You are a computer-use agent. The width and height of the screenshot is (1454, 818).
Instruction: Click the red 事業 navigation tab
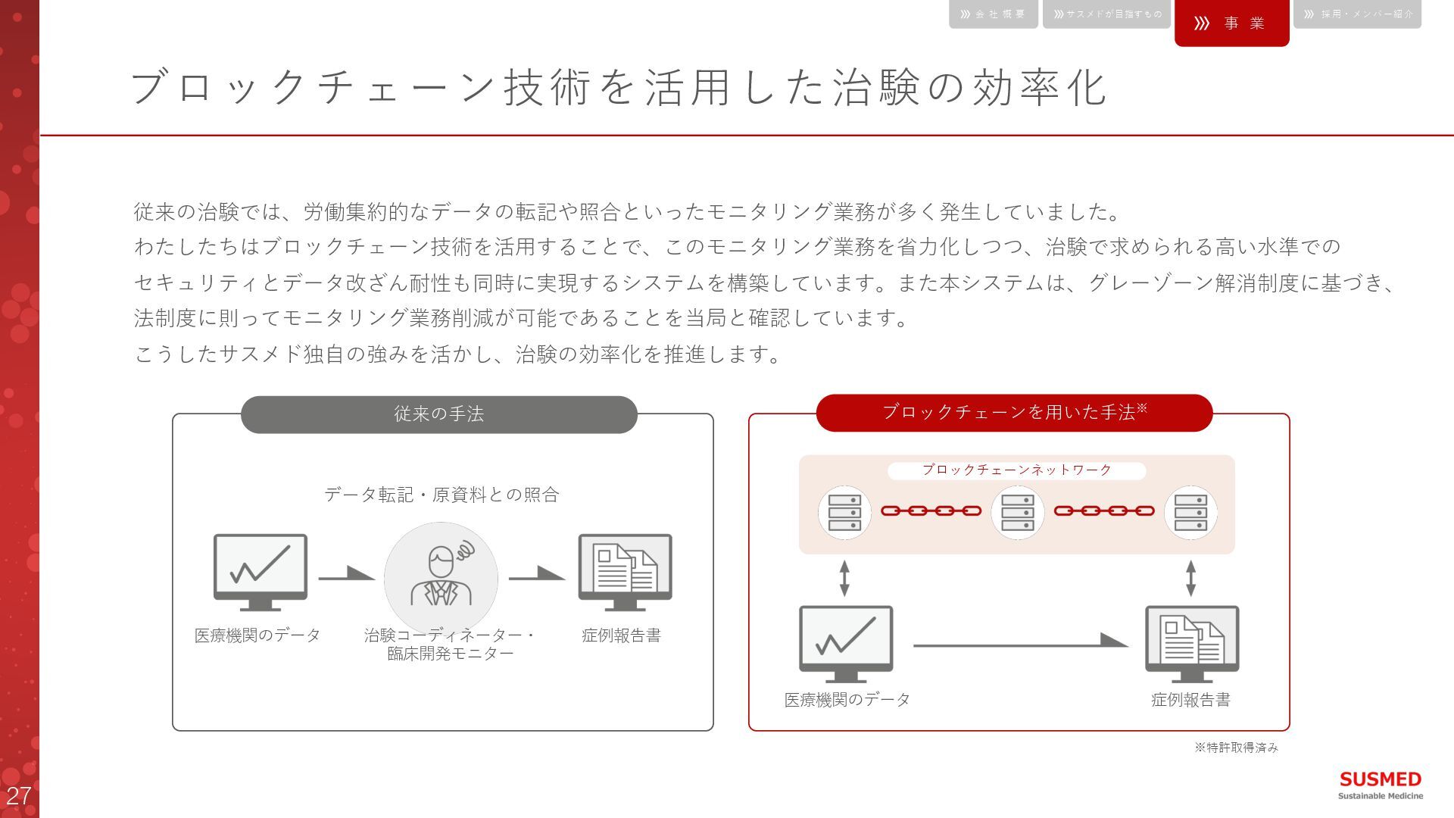click(x=1231, y=23)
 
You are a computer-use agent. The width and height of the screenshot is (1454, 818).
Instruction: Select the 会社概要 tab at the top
click(x=993, y=14)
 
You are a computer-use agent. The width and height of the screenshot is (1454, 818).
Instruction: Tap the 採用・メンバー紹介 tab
click(x=1357, y=14)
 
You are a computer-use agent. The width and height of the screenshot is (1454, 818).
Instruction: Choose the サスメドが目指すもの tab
click(x=1106, y=14)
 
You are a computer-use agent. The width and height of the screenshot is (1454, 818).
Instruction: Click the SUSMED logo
click(x=1380, y=785)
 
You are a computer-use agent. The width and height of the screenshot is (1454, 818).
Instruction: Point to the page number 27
click(x=18, y=795)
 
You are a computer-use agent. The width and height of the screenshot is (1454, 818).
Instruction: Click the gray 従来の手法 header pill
click(x=438, y=414)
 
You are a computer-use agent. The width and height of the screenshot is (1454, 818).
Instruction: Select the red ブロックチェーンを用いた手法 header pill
click(x=1014, y=412)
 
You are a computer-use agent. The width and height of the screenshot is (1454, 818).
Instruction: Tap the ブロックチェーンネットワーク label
click(x=1016, y=470)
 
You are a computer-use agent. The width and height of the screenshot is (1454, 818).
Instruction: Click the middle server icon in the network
click(x=1017, y=513)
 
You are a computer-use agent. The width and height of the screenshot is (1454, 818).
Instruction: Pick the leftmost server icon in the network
click(x=844, y=513)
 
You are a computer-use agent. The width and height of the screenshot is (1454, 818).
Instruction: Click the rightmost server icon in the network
click(x=1190, y=513)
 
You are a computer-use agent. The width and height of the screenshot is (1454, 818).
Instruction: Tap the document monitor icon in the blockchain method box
click(x=1191, y=643)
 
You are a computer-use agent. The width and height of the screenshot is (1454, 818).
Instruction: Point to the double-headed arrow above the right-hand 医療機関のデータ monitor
click(x=844, y=578)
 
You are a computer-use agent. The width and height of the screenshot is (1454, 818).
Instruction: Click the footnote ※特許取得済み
click(x=1236, y=748)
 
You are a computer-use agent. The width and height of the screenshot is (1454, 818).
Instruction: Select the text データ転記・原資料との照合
click(x=442, y=495)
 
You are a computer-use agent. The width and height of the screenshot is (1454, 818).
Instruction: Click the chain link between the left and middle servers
click(x=931, y=511)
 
